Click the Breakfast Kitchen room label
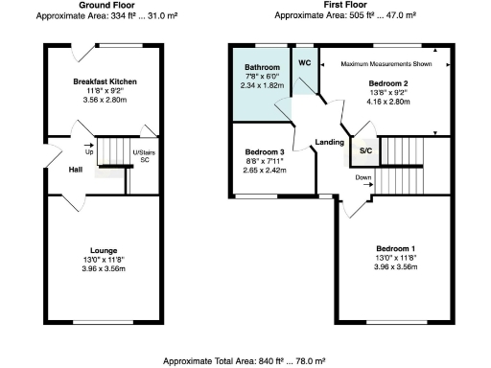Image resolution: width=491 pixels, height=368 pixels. [x=105, y=83]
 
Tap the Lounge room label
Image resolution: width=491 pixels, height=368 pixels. [x=105, y=251]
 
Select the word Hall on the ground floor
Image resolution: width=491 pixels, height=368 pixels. [x=75, y=170]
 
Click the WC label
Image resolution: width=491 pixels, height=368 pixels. [x=305, y=62]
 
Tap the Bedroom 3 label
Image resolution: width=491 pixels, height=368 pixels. [x=264, y=152]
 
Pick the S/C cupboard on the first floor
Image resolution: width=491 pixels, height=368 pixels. [x=365, y=151]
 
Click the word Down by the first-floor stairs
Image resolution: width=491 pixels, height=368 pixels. [x=363, y=177]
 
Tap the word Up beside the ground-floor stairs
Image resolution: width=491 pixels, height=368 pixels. [x=89, y=152]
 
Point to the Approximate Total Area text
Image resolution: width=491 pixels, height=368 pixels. [x=245, y=360]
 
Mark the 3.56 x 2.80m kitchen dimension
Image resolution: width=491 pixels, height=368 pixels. [x=105, y=101]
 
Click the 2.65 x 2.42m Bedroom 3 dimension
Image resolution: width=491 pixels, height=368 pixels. [x=264, y=170]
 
